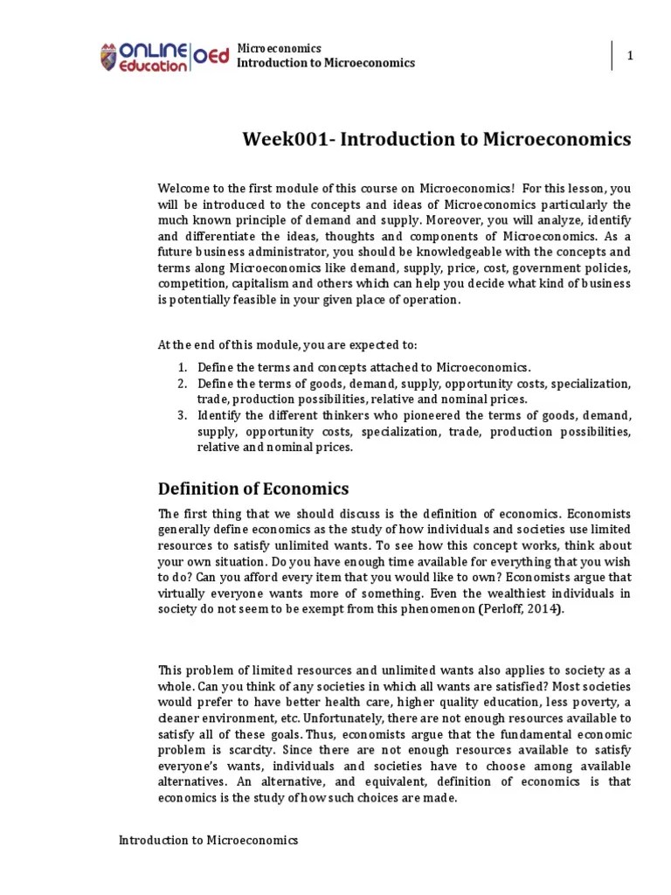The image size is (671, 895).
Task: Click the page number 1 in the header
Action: (629, 56)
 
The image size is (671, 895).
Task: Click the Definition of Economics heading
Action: (252, 489)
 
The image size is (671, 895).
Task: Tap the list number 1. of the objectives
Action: (182, 368)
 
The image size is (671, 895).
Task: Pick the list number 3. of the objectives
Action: (182, 415)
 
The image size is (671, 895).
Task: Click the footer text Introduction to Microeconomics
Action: (208, 841)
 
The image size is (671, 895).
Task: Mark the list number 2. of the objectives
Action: (182, 384)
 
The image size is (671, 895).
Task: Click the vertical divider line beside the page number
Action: (611, 56)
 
